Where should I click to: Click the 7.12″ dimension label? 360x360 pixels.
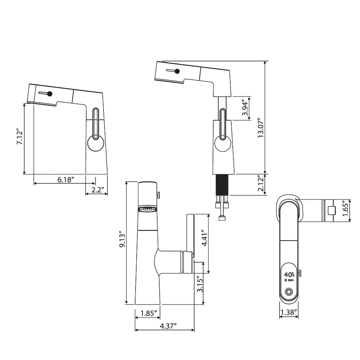[x=20, y=138]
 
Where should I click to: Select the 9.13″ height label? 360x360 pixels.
[x=122, y=240]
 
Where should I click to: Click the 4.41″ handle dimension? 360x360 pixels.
[x=204, y=238]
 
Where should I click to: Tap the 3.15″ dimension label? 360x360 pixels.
[x=200, y=285]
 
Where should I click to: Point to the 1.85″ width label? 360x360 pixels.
[x=149, y=313]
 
